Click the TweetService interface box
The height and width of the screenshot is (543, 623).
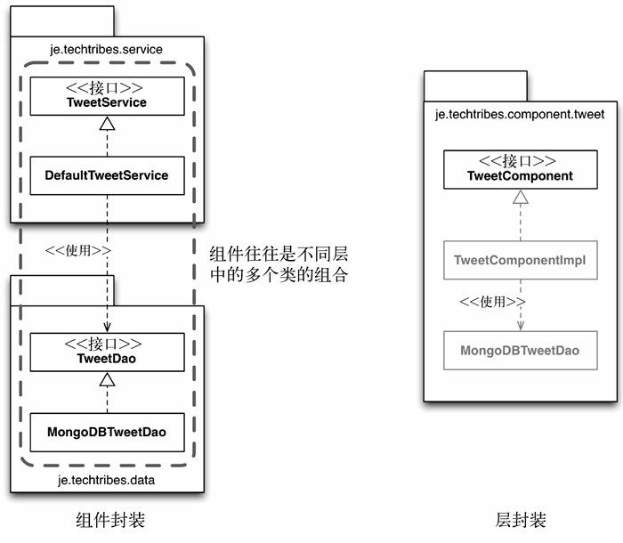pos(108,96)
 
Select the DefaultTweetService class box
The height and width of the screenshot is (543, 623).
pos(108,175)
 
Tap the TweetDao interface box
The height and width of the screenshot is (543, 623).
pos(108,353)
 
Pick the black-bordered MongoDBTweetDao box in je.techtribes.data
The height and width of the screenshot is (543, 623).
pos(108,432)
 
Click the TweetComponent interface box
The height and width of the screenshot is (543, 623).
pos(521,169)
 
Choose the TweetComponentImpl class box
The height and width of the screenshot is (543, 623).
pos(521,260)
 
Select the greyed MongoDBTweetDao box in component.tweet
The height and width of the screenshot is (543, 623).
pos(521,350)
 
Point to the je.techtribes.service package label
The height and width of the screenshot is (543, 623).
pos(106,49)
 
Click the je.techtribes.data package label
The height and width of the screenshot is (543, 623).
pos(106,480)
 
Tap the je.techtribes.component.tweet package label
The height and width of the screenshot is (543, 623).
pos(520,115)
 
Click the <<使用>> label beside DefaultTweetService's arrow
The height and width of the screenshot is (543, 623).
pos(78,250)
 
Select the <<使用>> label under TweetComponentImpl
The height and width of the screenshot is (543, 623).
pos(492,302)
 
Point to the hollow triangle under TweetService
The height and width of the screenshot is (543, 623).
pos(108,124)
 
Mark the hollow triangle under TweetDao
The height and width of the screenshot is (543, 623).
pos(108,379)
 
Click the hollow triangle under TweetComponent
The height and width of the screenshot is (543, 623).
pos(521,197)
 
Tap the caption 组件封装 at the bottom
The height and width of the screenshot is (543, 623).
pos(110,520)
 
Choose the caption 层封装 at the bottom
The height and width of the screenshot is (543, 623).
pos(521,520)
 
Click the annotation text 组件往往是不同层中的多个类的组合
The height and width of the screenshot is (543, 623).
pos(279,264)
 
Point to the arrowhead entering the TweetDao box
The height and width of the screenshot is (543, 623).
pos(108,328)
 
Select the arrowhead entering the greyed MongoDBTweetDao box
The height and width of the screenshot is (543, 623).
pos(521,326)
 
